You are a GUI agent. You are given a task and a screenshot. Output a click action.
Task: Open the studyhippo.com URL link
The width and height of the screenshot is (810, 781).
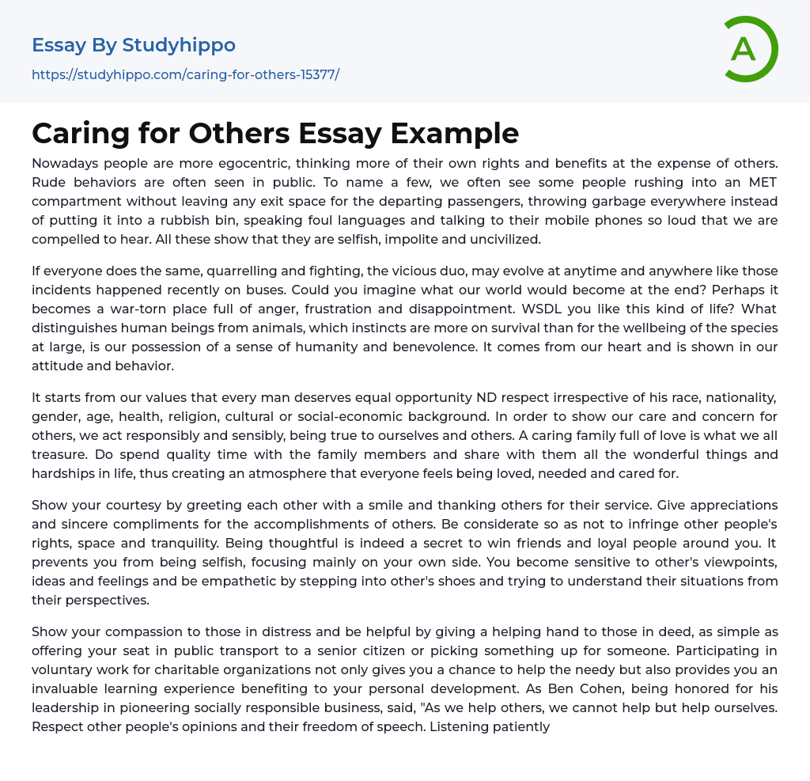tap(185, 75)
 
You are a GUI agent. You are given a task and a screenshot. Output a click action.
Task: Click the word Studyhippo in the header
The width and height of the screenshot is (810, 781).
tap(179, 45)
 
